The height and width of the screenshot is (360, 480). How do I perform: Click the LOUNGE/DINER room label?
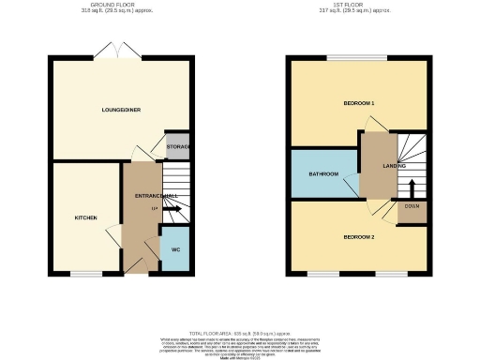pos(121,110)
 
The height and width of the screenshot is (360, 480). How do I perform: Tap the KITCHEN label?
pos(86,217)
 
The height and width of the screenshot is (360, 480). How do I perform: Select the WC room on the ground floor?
pos(174,249)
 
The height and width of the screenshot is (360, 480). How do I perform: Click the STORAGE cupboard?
pos(177,146)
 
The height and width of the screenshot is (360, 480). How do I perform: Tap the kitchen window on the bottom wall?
pos(87,274)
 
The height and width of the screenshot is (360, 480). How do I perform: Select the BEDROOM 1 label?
pos(359,102)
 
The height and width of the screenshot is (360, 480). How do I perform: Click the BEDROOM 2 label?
pos(359,236)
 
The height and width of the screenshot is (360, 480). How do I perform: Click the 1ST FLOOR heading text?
pos(359,5)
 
